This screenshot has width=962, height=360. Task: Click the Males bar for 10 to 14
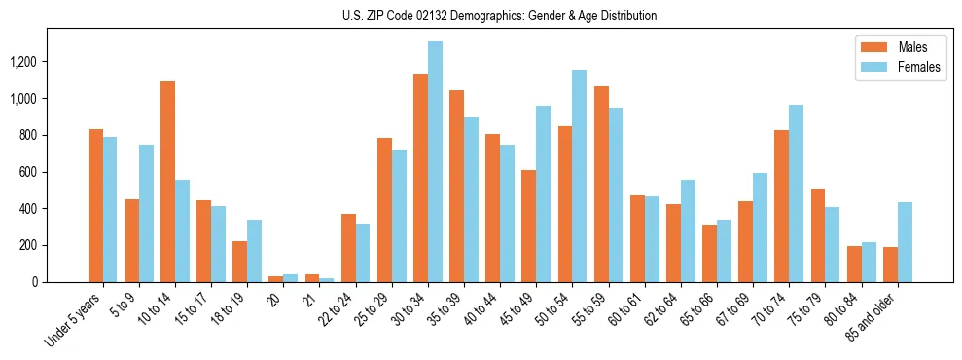[167, 182]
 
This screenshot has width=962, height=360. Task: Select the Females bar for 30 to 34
[435, 162]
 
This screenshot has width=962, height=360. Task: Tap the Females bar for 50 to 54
[580, 176]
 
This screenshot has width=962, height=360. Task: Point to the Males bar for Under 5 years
[95, 205]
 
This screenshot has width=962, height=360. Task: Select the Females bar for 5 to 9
[146, 213]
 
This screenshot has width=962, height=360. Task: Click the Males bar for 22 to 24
[348, 248]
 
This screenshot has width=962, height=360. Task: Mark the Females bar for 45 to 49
[544, 194]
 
